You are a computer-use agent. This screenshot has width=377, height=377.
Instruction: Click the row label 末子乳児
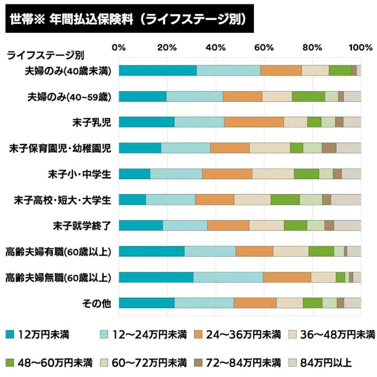coord(92,122)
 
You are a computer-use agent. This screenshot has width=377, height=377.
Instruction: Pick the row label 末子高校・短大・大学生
coord(62,200)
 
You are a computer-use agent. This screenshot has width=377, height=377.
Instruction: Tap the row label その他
coord(97,303)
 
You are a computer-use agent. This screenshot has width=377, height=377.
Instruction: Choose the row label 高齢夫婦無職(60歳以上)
coord(58,277)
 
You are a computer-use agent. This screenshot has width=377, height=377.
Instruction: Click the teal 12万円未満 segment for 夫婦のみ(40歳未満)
coord(157,70)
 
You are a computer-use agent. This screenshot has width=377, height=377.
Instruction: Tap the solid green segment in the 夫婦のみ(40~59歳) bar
coord(308,96)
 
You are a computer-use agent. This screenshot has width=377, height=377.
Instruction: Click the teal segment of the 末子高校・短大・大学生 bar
coord(132,200)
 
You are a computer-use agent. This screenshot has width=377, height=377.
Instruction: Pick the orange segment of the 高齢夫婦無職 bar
coord(287,277)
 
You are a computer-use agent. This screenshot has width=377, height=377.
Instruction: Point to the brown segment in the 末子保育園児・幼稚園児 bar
coord(329,148)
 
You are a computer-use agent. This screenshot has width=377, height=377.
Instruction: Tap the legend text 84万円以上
coord(325,363)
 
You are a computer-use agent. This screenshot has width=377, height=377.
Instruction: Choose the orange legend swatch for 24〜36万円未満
coord(198,332)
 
